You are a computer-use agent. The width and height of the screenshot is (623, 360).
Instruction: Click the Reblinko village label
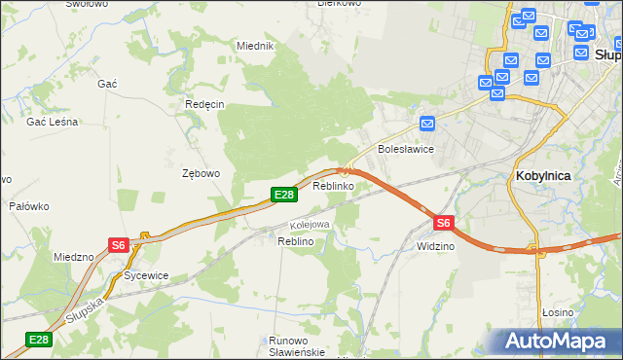333,185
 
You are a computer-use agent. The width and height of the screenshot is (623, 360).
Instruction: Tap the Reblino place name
295,240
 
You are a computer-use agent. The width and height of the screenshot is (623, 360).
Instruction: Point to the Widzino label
435,246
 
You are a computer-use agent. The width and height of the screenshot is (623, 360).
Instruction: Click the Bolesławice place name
405,149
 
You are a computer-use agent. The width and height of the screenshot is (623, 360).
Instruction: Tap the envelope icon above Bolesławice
427,124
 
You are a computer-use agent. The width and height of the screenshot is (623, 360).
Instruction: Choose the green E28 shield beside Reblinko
283,196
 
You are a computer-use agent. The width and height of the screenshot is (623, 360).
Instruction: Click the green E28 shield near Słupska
38,340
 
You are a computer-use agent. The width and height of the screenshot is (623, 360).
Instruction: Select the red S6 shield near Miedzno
118,245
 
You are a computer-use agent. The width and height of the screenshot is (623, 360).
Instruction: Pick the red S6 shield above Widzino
443,223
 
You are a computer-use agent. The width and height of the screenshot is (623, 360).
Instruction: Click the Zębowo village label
202,173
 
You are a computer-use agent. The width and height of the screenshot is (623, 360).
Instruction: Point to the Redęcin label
204,104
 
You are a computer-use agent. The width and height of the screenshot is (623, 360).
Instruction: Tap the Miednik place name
256,46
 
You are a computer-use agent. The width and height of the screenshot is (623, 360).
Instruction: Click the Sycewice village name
146,275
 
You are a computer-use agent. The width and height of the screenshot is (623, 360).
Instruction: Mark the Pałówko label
29,206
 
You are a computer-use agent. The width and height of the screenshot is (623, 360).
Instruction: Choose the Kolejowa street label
311,225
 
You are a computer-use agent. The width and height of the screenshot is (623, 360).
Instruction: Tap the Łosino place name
558,311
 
